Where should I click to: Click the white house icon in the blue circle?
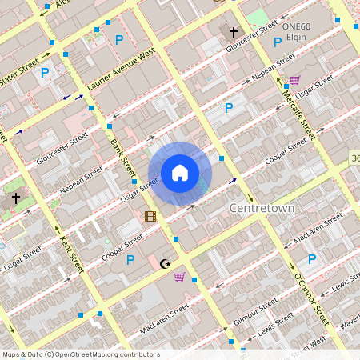[180, 173]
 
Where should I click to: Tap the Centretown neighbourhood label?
[262, 208]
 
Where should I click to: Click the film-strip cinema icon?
[150, 216]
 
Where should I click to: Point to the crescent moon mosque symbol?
[166, 263]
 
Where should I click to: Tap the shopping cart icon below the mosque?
[180, 277]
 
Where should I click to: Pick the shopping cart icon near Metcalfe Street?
[294, 80]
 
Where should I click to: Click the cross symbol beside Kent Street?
[15, 197]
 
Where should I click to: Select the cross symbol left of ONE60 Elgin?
[234, 33]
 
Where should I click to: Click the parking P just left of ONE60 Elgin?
[278, 42]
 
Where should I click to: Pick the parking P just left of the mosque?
[130, 259]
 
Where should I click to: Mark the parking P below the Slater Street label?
[45, 72]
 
